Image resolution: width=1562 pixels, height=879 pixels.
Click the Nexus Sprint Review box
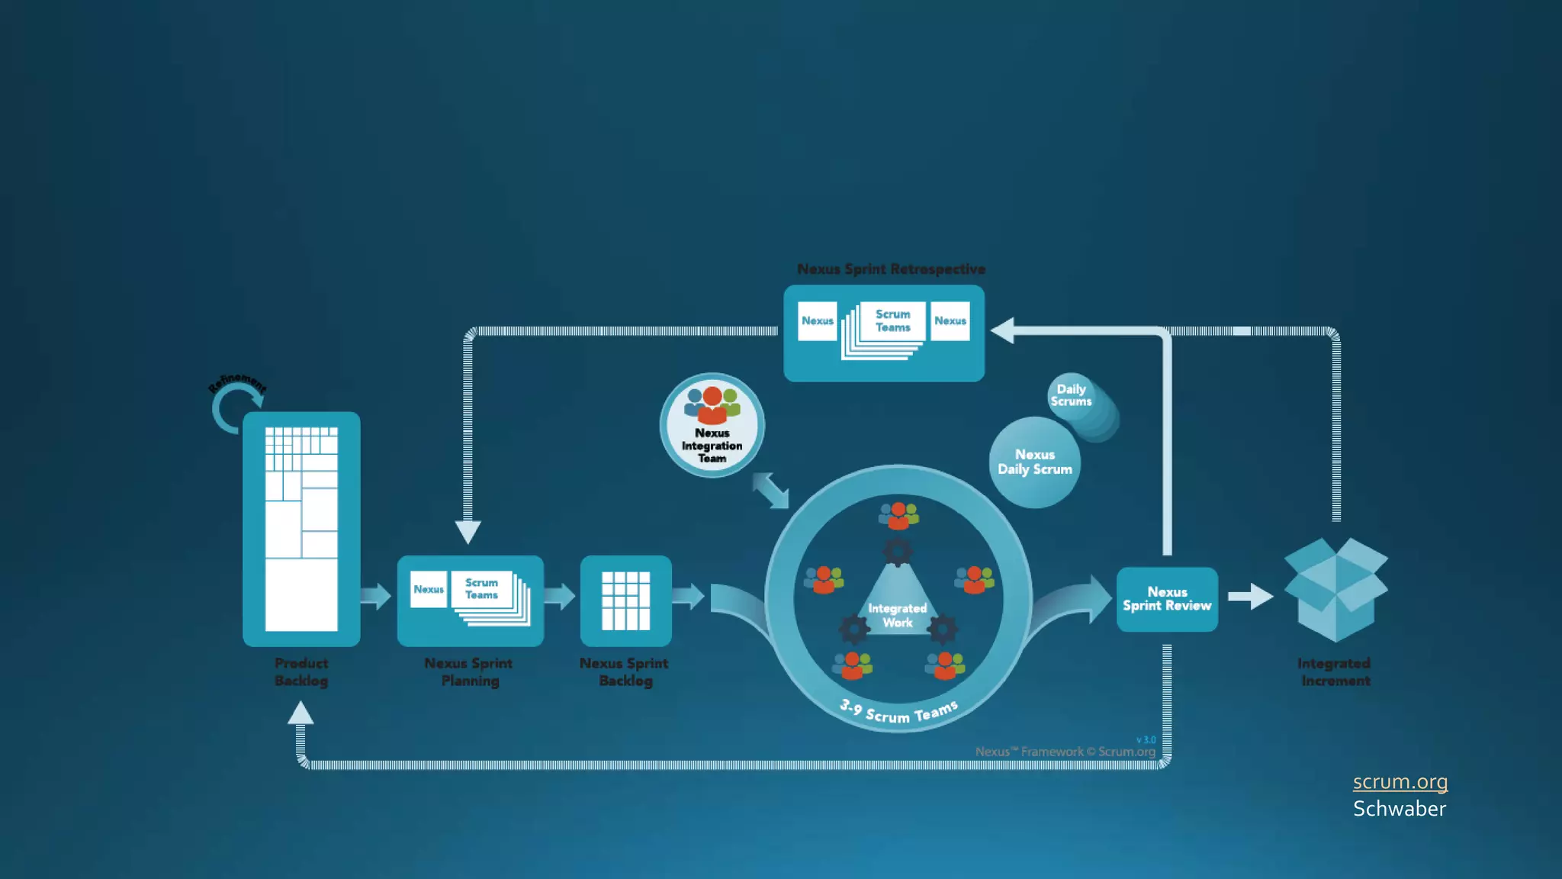point(1167,599)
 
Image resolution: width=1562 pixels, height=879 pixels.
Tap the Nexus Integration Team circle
point(712,426)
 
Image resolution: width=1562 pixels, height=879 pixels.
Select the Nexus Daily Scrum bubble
point(1034,462)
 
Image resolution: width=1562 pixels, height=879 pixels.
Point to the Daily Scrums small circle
point(1072,395)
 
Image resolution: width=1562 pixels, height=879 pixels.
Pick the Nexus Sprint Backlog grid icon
point(625,601)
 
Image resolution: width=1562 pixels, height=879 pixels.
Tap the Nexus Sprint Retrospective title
point(891,269)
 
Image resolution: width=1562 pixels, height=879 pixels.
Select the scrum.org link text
point(1400,782)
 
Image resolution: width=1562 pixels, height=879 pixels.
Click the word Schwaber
point(1400,809)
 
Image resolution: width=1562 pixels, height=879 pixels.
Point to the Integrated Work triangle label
point(897,615)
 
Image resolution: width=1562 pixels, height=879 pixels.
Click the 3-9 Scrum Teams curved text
point(898,713)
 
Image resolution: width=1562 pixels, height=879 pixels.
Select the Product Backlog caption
point(301,672)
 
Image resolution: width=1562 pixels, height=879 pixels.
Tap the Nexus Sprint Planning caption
point(469,672)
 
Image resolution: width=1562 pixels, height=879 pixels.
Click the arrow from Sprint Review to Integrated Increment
point(1250,597)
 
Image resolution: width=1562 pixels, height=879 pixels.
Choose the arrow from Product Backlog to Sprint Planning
point(375,596)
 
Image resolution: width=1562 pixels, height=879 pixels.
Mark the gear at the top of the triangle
point(897,552)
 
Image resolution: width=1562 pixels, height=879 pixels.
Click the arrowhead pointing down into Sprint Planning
point(468,531)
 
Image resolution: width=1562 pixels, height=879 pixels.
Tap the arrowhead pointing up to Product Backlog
point(301,713)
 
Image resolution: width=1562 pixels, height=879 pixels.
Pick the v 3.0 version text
point(1146,740)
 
